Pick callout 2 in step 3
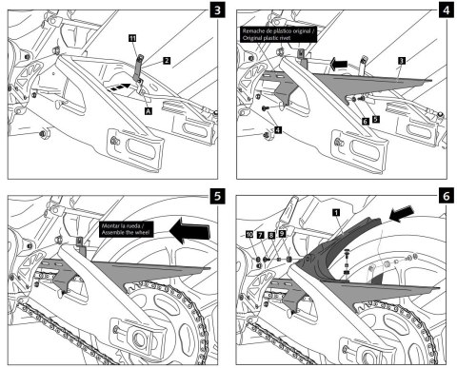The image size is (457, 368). point(167,60)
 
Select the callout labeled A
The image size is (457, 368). point(148,110)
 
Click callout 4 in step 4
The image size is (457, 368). point(277,127)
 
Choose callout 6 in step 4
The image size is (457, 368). point(365,122)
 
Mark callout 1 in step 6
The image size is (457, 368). point(334,214)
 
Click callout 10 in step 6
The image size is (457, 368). point(248,232)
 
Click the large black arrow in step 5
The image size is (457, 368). point(189,227)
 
